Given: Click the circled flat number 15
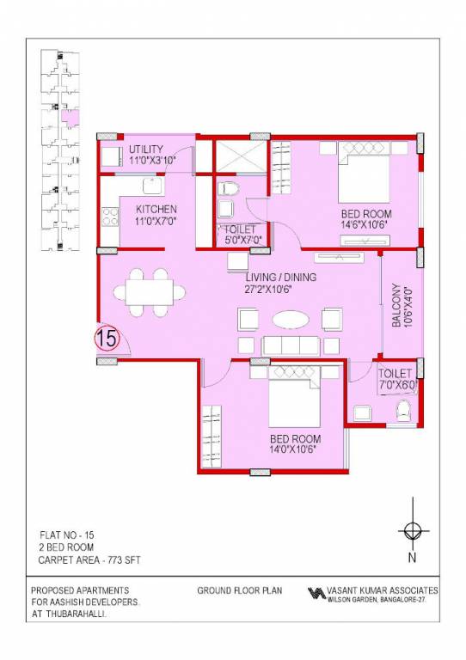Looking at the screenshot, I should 107,339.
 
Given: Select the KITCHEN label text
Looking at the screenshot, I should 156,215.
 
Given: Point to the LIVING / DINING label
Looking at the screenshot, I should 280,283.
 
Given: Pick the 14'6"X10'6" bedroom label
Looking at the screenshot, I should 366,219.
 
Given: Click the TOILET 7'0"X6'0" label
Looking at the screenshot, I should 397,380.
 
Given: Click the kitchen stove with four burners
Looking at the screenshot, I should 110,216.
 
